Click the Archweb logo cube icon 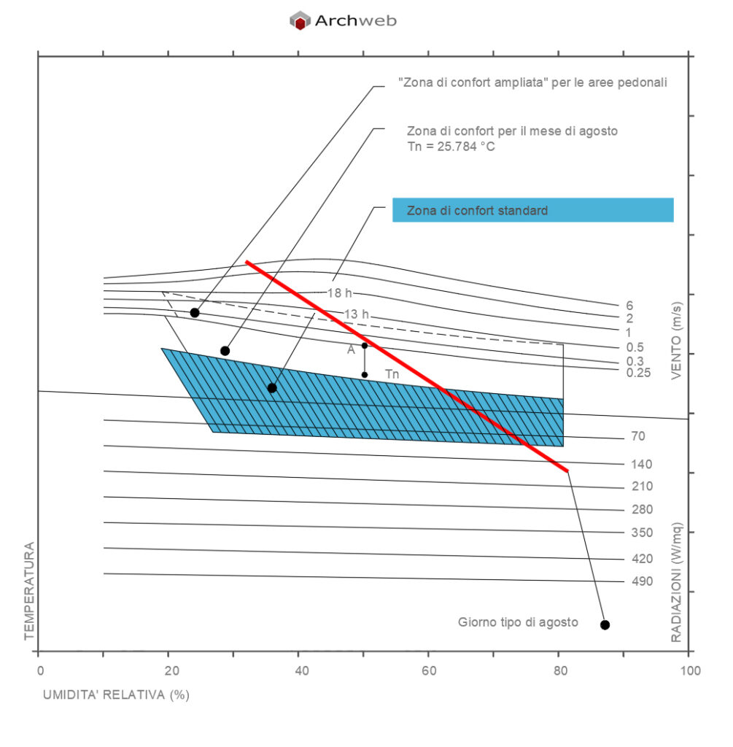click(300, 20)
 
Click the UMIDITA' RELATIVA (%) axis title click(116, 694)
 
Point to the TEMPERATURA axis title click(30, 591)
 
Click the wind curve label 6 click(629, 306)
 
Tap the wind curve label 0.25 click(637, 373)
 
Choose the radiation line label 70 click(637, 436)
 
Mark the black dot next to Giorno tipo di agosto click(605, 624)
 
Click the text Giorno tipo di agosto click(518, 622)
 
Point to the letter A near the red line click(351, 349)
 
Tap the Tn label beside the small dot click(392, 375)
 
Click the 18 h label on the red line click(339, 293)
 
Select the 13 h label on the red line click(357, 314)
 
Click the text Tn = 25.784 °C click(451, 146)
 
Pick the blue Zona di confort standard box click(532, 210)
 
